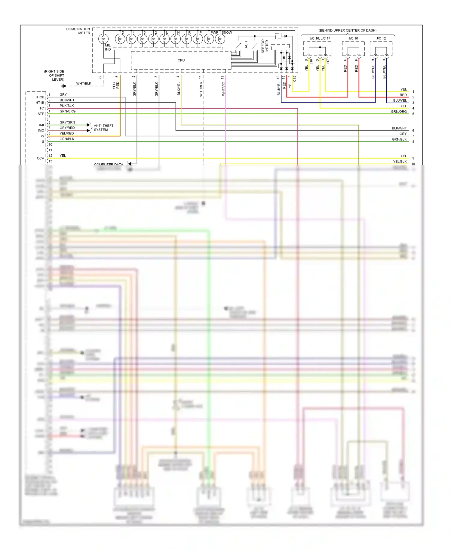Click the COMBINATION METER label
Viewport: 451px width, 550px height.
click(x=78, y=31)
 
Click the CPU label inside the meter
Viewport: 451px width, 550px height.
click(x=181, y=60)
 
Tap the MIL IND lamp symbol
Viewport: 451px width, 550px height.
click(x=103, y=39)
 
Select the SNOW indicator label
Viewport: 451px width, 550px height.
click(x=227, y=32)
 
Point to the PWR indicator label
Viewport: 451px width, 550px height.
click(x=214, y=32)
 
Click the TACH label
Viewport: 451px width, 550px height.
click(x=246, y=46)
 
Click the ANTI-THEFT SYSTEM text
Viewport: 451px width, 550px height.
click(x=103, y=128)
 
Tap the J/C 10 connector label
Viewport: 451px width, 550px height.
click(x=353, y=39)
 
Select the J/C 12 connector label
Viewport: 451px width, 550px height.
click(x=381, y=39)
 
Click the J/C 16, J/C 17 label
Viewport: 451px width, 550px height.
click(x=320, y=39)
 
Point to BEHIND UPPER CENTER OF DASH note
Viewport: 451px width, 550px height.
click(x=348, y=30)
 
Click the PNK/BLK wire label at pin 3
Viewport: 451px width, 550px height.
click(x=66, y=106)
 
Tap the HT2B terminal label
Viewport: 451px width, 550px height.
click(x=40, y=97)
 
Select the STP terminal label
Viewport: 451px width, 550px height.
click(x=41, y=114)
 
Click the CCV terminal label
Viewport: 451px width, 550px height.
click(x=40, y=158)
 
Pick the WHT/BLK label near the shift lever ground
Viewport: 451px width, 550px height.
click(x=84, y=84)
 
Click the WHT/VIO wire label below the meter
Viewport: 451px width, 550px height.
click(x=223, y=89)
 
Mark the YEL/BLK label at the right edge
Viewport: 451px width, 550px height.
click(x=400, y=162)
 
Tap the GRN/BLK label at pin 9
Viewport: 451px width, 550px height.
click(x=67, y=139)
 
